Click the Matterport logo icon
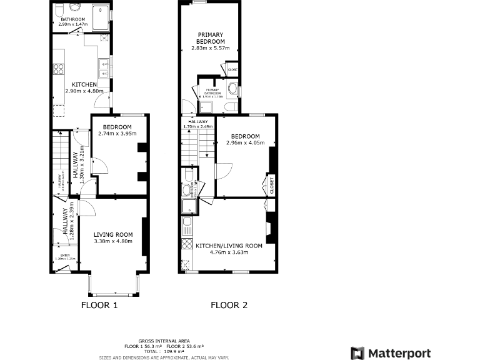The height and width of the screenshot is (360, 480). (x=357, y=353)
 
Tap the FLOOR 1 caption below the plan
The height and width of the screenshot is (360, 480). (x=99, y=306)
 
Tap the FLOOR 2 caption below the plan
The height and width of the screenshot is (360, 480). (x=229, y=306)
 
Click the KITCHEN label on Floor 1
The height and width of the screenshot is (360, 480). (x=84, y=84)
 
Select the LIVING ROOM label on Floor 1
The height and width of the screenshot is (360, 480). (x=113, y=234)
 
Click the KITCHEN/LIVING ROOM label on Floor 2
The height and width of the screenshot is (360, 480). (x=229, y=246)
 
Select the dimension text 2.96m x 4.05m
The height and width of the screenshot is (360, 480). (x=245, y=143)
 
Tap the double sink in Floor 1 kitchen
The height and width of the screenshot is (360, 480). (x=104, y=67)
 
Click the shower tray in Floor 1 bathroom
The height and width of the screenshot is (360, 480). (x=100, y=17)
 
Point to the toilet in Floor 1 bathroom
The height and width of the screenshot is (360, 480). (x=76, y=7)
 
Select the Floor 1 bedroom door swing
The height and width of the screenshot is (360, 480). (x=100, y=166)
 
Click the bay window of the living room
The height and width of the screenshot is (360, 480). (x=113, y=285)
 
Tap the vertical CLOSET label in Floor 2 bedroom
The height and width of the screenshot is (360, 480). (x=272, y=184)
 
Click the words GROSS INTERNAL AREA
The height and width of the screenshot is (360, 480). (x=164, y=341)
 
